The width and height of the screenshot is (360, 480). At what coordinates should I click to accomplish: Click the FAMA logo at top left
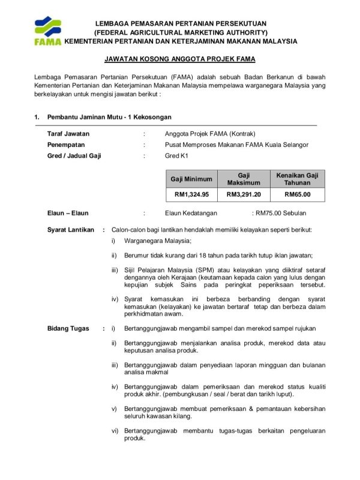pos(47,31)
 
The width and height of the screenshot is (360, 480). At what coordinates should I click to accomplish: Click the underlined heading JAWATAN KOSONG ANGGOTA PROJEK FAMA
pos(180,59)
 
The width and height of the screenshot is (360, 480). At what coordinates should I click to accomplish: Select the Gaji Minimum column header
pos(191,179)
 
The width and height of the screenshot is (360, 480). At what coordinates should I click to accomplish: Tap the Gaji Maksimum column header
pos(243,179)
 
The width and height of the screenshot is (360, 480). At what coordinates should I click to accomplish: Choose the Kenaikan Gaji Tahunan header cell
pos(297,179)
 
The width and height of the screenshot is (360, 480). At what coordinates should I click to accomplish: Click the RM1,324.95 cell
pos(191,194)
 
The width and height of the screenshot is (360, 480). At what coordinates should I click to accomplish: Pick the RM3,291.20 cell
pos(243,194)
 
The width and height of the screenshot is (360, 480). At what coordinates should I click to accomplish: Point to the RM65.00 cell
pos(297,194)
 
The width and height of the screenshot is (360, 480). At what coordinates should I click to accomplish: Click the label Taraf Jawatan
pos(68,134)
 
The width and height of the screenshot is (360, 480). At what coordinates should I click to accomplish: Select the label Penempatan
pos(66,145)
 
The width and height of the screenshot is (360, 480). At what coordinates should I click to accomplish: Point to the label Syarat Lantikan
pos(71,229)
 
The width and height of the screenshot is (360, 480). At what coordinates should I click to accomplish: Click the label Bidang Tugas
pos(68,328)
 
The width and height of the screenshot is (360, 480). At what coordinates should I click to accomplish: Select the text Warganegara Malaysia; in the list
pos(157,241)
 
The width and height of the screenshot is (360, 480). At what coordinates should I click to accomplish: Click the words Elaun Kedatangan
pos(191,213)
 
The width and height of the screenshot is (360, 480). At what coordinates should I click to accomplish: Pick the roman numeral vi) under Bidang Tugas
pos(115,430)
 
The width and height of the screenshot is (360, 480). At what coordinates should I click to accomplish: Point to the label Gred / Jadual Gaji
pos(74,156)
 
